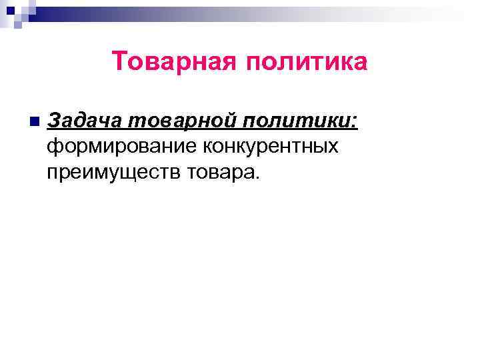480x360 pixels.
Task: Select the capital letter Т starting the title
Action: click(119, 61)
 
